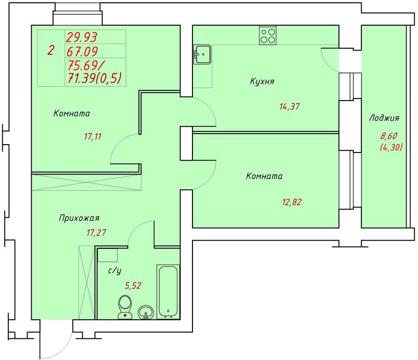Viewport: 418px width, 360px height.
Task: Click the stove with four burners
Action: (268, 35)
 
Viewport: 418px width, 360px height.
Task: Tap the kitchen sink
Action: (202, 54)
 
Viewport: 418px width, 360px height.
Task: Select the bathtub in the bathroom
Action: (168, 291)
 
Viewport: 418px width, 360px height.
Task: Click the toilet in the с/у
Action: (125, 307)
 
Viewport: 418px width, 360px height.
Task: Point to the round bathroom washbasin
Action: (146, 312)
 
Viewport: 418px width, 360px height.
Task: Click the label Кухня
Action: (262, 81)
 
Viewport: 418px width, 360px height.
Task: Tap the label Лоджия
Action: (384, 118)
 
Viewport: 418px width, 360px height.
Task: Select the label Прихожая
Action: (79, 218)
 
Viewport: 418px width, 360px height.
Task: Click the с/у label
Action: (115, 271)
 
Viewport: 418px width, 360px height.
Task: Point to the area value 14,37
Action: (289, 107)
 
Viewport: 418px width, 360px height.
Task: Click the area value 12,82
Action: (292, 202)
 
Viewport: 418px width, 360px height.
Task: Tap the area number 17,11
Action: (93, 137)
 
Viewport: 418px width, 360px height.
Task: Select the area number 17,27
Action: (96, 233)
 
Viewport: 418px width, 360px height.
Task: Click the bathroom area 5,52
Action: (133, 286)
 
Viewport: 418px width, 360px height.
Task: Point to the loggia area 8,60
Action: (389, 136)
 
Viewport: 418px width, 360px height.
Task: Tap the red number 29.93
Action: (82, 37)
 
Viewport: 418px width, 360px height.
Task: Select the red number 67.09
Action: (82, 51)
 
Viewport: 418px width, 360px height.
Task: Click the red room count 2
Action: (51, 51)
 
